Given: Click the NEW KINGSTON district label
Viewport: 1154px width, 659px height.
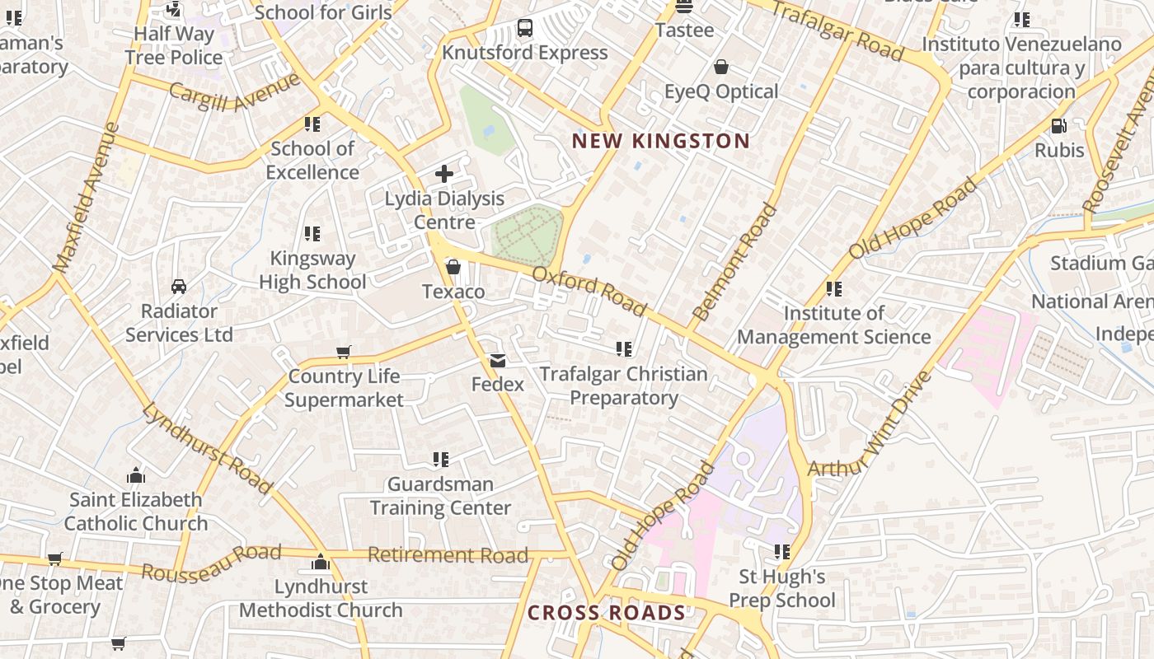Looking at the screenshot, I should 661,141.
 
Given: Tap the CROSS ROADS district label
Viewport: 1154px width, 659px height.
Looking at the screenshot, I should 606,613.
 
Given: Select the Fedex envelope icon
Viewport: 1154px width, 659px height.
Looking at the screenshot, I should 498,361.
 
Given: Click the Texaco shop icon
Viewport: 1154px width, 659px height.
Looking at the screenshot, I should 453,267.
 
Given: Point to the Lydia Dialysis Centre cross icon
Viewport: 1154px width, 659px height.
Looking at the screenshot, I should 444,174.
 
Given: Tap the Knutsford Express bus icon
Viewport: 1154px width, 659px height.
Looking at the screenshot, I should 525,28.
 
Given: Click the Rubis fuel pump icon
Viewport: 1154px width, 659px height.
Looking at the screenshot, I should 1059,126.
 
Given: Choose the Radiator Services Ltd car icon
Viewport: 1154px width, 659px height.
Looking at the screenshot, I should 179,287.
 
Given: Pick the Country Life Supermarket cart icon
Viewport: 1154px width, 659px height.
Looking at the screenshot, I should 344,352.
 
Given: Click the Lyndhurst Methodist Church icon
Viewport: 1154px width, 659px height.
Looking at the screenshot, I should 321,563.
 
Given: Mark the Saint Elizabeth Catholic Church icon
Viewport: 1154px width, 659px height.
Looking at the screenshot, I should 136,475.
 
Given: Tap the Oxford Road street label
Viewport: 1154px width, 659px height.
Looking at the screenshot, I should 589,291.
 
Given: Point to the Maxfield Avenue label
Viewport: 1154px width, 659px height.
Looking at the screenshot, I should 86,198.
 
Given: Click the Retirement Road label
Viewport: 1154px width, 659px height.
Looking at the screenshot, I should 448,555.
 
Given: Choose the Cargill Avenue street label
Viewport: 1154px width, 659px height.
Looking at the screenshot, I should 235,92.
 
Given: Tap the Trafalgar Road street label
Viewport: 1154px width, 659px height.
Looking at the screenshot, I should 837,30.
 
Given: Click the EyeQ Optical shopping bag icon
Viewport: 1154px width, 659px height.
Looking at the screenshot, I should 721,67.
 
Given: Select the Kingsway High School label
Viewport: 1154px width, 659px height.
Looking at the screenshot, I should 312,270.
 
